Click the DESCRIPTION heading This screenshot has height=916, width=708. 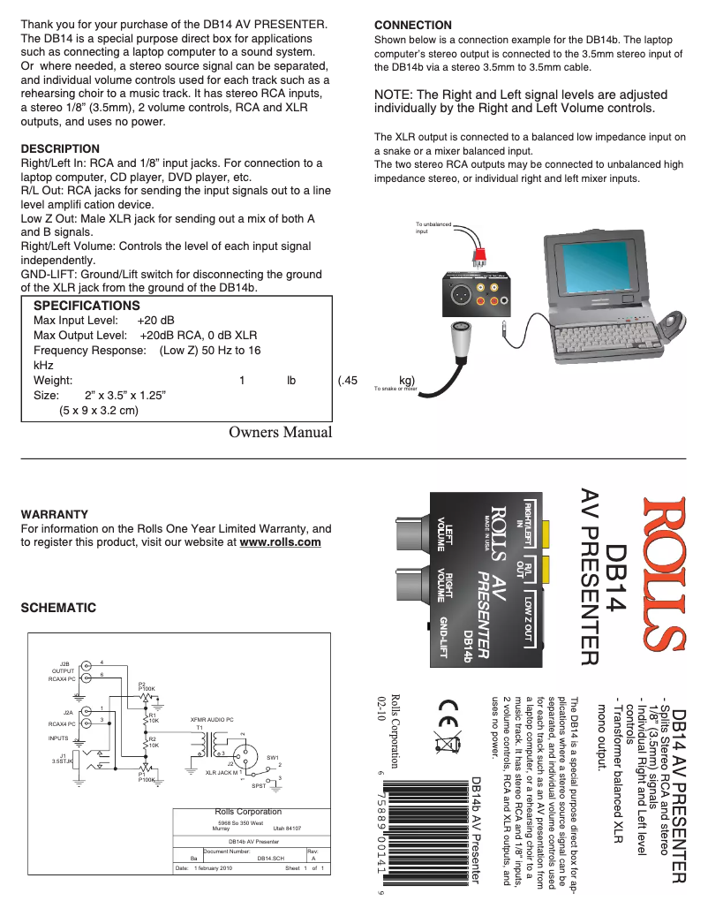point(59,148)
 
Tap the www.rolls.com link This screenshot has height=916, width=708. point(280,542)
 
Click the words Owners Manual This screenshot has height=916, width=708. point(280,432)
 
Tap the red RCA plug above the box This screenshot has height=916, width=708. point(478,256)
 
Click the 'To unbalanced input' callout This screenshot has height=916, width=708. point(433,228)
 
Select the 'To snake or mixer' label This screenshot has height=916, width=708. point(395,388)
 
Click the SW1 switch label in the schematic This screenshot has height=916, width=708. point(272,757)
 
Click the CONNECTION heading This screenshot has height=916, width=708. point(412,25)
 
